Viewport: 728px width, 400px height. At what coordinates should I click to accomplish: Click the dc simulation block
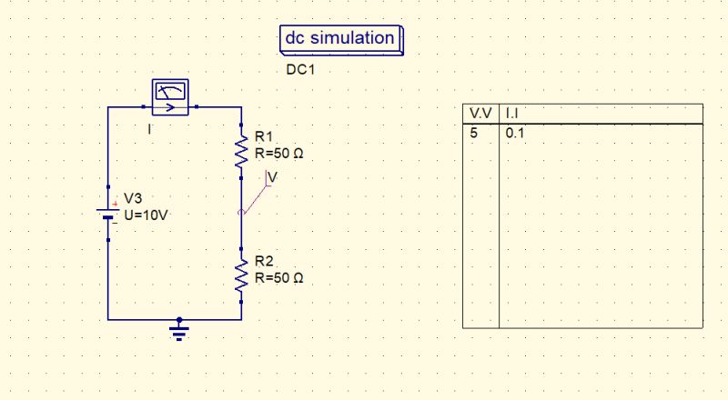pos(340,39)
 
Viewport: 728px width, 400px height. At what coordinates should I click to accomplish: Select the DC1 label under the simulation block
pos(300,69)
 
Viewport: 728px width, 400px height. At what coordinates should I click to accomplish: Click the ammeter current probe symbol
pos(170,97)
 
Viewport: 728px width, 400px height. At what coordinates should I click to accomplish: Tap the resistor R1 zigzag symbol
pos(241,150)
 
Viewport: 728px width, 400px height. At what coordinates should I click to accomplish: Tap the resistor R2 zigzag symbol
pos(241,275)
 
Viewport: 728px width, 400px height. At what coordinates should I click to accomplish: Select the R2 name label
pos(265,262)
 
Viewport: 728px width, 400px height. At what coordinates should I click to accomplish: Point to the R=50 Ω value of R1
pos(279,154)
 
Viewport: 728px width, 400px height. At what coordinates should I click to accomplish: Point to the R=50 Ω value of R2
pos(279,277)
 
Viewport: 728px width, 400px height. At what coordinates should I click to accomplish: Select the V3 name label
pos(133,198)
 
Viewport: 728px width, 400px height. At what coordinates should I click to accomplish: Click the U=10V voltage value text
pos(146,215)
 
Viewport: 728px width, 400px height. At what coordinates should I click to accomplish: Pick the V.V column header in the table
pos(480,113)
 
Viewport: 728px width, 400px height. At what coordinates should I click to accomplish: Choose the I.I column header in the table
pos(511,113)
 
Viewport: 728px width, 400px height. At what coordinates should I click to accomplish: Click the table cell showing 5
pos(473,132)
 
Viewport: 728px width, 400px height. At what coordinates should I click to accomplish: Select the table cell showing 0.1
pos(515,132)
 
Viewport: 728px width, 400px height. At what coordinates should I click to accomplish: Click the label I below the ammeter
pos(149,129)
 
